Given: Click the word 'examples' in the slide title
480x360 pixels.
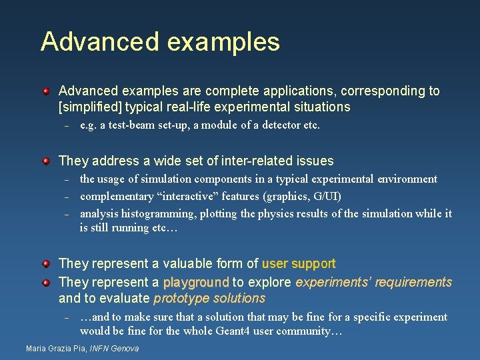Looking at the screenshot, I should pos(223,42).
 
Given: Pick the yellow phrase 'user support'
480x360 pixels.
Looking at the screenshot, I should pos(299,264).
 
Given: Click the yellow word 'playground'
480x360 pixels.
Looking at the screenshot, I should pos(196,282).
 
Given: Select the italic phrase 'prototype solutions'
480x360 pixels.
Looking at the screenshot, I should pos(209,299).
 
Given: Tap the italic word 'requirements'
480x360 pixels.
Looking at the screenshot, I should pos(413,282).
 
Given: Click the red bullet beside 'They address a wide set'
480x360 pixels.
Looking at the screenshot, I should pos(46,161).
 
